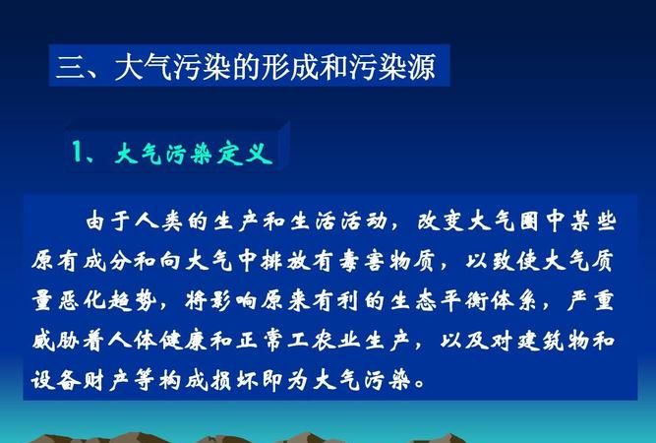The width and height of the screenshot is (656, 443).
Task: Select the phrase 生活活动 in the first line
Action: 348,219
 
